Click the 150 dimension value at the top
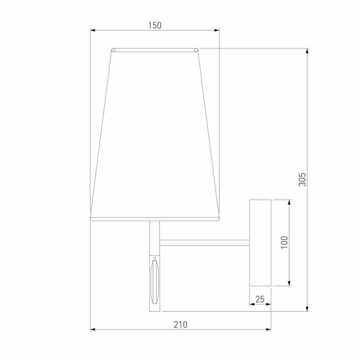pos(155,25)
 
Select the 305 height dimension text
pos(302,179)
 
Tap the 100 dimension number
pos(284,242)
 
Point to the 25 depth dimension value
pos(260,299)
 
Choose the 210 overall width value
pos(181,325)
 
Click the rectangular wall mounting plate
pos(260,242)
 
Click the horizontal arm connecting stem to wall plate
pos(204,242)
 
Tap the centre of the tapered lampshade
pos(155,134)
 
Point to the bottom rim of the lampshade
pos(155,219)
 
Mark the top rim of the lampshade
pos(155,50)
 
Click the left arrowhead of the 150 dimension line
pos(93,30)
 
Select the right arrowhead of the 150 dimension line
pos(217,30)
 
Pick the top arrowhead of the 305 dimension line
pos(308,51)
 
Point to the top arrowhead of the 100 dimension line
pos(290,202)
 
